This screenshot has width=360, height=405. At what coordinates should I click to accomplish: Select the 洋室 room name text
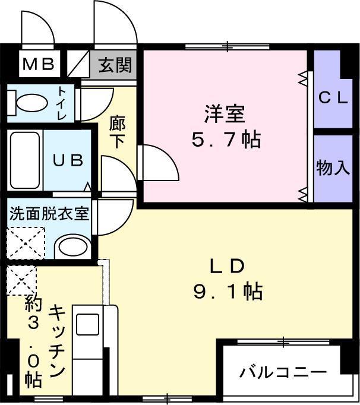pos(225,112)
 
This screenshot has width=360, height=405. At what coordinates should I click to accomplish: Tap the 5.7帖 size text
pos(225,140)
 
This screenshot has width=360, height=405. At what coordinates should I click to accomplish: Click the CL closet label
pos(333,98)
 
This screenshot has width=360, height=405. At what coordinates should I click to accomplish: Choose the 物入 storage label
pos(333,169)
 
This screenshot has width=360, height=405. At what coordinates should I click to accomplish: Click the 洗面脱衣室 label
pos(49,214)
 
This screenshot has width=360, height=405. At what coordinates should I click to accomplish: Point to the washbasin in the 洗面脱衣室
pos(74,246)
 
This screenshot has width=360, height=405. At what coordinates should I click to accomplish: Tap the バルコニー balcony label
pos(283,372)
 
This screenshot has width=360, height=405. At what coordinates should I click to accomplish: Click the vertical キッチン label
pos(57,341)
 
